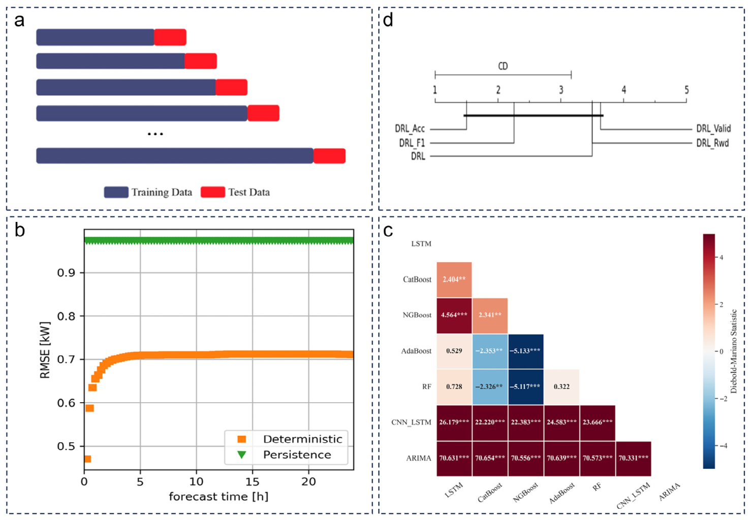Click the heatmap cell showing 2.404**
(x=454, y=279)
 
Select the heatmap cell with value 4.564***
(x=454, y=315)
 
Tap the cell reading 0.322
(x=561, y=386)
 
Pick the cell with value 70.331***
(x=633, y=459)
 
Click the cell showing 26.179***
(x=454, y=422)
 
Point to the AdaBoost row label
(x=416, y=351)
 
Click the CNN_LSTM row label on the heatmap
(x=411, y=422)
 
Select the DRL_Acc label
(x=410, y=128)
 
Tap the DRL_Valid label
(x=713, y=128)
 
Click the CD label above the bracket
(x=503, y=66)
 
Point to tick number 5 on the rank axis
(x=686, y=90)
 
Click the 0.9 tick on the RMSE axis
(x=66, y=273)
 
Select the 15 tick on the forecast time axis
(x=252, y=482)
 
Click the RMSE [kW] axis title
(x=45, y=350)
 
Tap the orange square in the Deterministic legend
(x=241, y=439)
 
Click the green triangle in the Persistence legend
(x=241, y=454)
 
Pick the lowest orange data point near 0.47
(x=87, y=459)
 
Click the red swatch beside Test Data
(x=213, y=192)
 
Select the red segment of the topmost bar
(x=170, y=37)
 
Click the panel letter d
(x=388, y=20)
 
